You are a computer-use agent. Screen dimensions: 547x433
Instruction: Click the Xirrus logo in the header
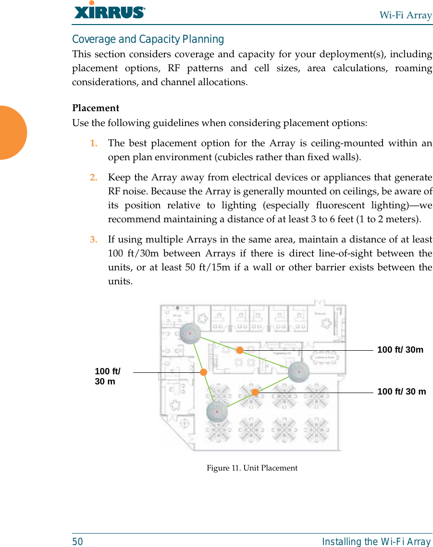(110, 11)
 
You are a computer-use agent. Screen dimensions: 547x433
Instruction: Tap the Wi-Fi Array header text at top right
(405, 15)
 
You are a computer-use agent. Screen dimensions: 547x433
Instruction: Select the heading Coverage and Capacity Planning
(148, 39)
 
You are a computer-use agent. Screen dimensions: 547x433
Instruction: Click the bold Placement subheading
(96, 108)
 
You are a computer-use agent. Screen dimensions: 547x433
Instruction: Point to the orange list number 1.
(94, 143)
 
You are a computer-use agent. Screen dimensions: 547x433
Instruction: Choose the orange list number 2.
(94, 177)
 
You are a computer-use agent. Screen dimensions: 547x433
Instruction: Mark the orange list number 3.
(94, 239)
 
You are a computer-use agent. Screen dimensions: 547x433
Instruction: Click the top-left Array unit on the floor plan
(190, 333)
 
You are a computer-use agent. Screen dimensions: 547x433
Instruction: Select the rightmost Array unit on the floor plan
(298, 371)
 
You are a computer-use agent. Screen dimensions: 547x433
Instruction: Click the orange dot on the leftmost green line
(204, 372)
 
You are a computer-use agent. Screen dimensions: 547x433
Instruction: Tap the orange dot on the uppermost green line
(239, 350)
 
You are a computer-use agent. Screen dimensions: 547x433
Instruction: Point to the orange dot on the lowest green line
(255, 392)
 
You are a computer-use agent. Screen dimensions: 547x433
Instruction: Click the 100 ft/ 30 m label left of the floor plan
(107, 376)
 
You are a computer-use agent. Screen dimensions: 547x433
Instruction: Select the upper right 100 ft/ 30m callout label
(400, 350)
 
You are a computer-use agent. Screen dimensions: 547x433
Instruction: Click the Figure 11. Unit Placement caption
(252, 468)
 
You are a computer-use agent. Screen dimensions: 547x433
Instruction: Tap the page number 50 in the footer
(77, 542)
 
